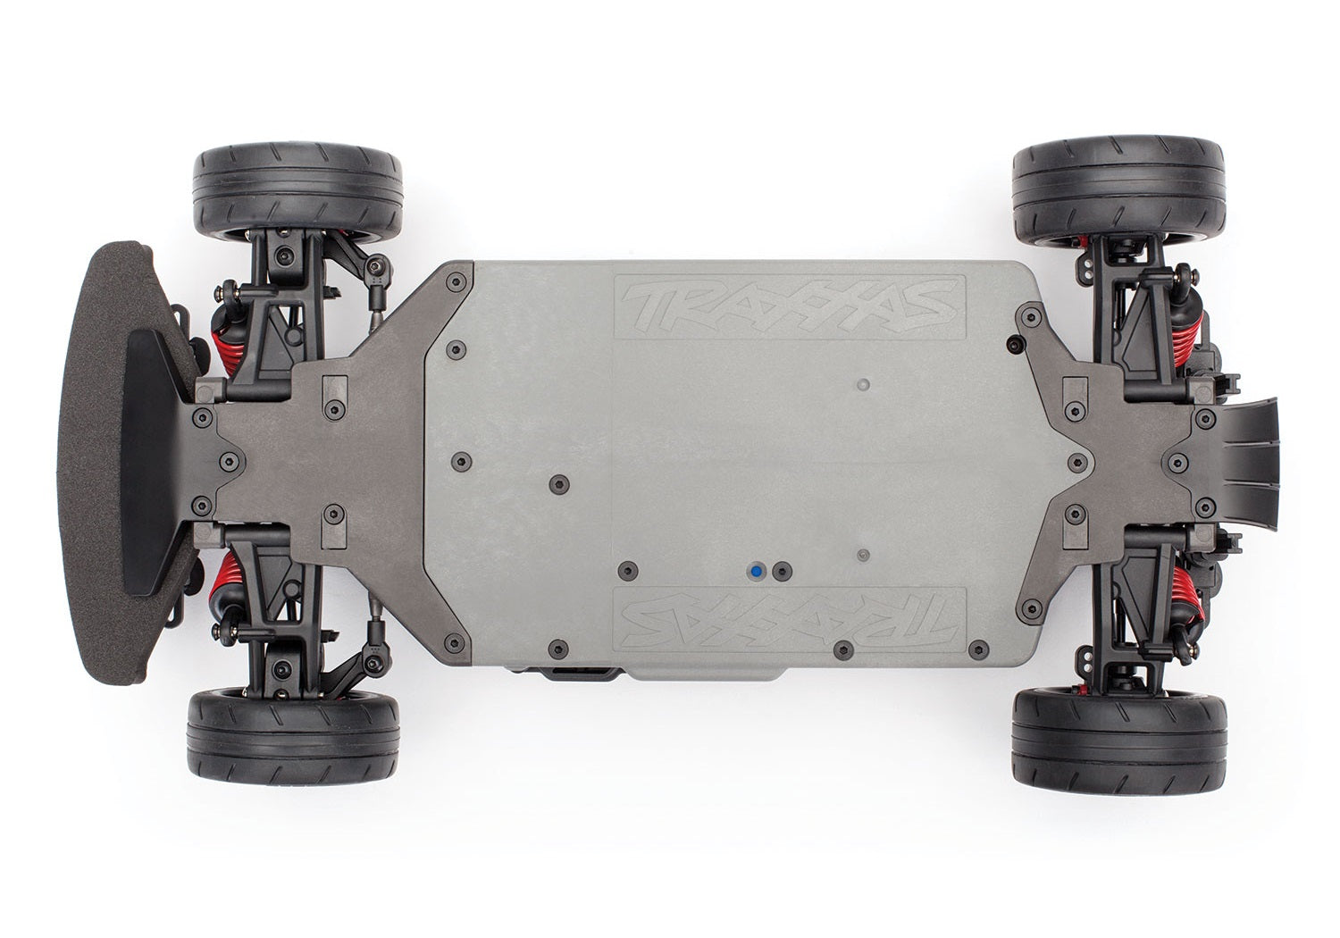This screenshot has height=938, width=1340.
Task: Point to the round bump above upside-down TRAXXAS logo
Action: coord(862,554)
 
